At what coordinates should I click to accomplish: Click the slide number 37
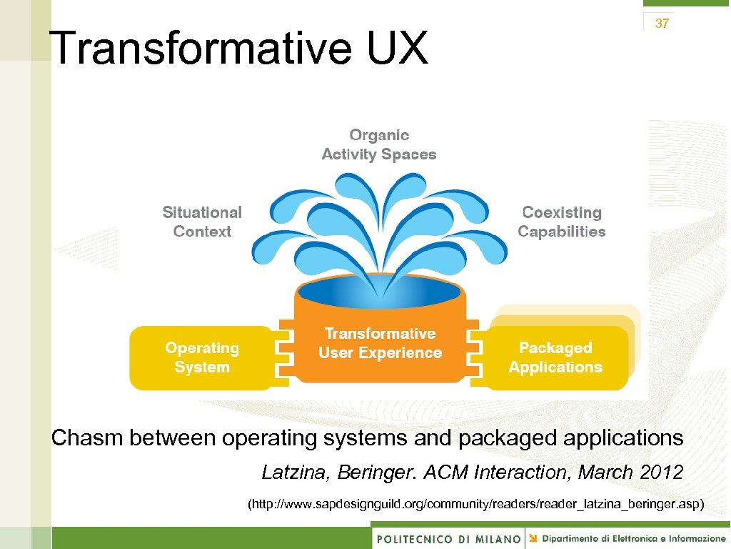tap(662, 24)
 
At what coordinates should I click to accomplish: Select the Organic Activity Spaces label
tap(378, 145)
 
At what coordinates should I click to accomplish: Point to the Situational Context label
tap(202, 222)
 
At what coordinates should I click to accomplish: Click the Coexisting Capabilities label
tap(561, 222)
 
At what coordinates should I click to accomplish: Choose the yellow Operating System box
tap(202, 357)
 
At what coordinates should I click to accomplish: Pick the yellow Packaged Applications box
tap(555, 357)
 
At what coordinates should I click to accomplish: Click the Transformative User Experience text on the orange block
tap(380, 343)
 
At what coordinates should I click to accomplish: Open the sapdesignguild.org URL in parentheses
tap(475, 505)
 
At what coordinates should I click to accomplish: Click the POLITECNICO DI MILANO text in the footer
tap(448, 539)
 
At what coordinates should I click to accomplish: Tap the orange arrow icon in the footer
tap(533, 538)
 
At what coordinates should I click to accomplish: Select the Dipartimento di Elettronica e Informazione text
tap(633, 538)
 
